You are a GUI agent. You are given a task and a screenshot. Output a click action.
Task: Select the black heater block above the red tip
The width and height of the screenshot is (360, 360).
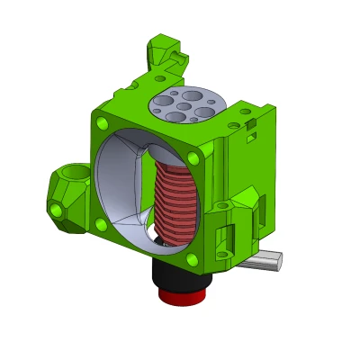click(181, 270)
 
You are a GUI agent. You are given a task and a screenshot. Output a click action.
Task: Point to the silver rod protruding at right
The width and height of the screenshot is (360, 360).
click(265, 261)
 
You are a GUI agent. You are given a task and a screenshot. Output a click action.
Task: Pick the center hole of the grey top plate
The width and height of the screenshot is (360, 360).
click(184, 106)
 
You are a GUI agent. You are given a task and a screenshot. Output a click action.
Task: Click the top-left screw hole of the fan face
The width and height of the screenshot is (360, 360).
click(102, 122)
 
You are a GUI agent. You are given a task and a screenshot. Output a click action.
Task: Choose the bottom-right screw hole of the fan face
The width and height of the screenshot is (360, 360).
click(192, 259)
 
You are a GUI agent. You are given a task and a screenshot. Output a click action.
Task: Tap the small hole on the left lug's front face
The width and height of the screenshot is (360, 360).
click(57, 210)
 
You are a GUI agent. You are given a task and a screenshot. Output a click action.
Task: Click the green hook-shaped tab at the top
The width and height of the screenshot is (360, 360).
click(166, 54)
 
